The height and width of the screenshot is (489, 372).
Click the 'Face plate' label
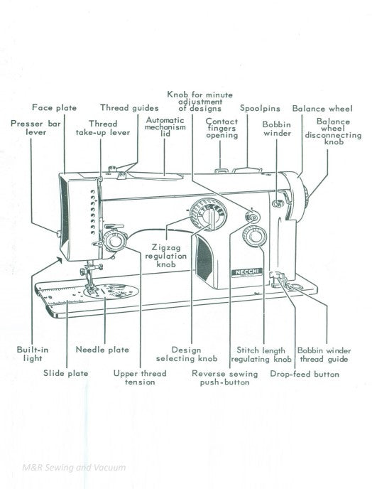[55, 108]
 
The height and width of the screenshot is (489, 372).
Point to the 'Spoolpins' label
[259, 108]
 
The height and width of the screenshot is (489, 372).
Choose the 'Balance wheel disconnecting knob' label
[333, 131]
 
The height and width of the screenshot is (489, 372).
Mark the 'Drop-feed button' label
[305, 374]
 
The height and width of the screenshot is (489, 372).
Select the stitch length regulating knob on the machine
[254, 237]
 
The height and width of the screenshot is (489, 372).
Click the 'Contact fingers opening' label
[221, 128]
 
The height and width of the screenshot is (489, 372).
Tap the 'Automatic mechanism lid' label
[165, 127]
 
